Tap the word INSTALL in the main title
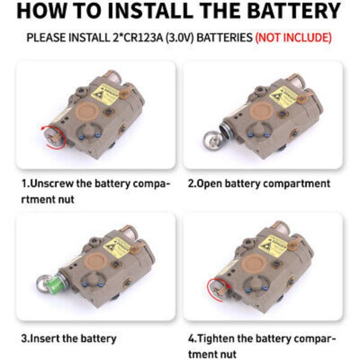click(x=151, y=11)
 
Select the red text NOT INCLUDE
click(x=293, y=37)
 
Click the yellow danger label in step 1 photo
click(x=106, y=94)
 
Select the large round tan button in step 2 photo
click(x=262, y=111)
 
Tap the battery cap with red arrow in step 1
click(x=53, y=138)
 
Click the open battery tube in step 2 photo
click(x=226, y=130)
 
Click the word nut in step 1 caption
click(x=67, y=200)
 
